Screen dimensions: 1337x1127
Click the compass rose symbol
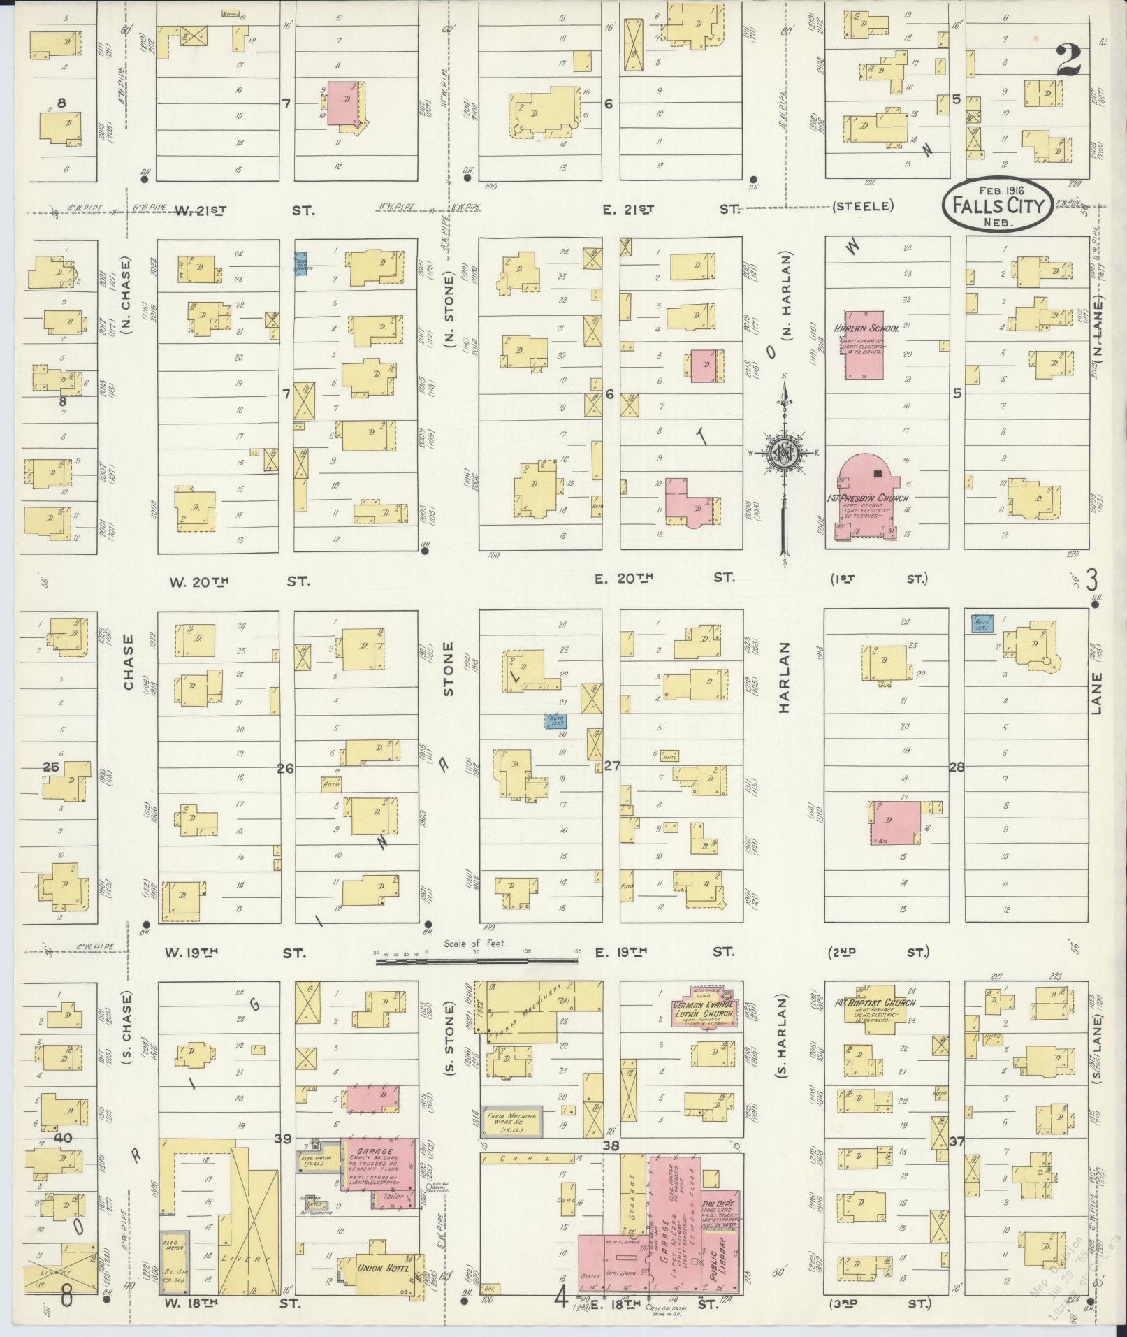pos(785,454)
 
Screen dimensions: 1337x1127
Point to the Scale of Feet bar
pos(477,962)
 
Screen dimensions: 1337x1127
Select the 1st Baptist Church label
pos(870,1003)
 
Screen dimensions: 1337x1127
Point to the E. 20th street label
pos(623,578)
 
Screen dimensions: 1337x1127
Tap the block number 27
pos(612,766)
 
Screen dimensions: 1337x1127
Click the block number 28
pos(957,767)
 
